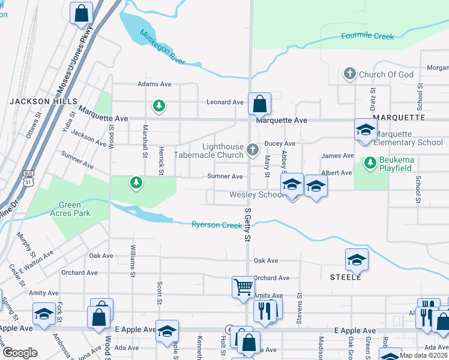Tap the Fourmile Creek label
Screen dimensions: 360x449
pyautogui.click(x=367, y=36)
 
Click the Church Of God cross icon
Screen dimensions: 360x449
pyautogui.click(x=349, y=74)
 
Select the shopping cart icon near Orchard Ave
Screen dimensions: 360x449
pyautogui.click(x=243, y=287)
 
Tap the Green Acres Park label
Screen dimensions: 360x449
pyautogui.click(x=70, y=209)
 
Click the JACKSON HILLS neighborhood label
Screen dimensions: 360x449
pyautogui.click(x=33, y=102)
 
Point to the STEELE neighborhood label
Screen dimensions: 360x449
pyautogui.click(x=346, y=277)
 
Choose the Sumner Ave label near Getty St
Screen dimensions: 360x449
pyautogui.click(x=224, y=176)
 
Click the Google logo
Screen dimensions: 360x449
pyautogui.click(x=20, y=353)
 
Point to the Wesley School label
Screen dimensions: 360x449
pyautogui.click(x=256, y=195)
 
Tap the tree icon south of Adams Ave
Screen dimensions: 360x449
pyautogui.click(x=159, y=106)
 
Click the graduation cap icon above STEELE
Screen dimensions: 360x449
pyautogui.click(x=357, y=260)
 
